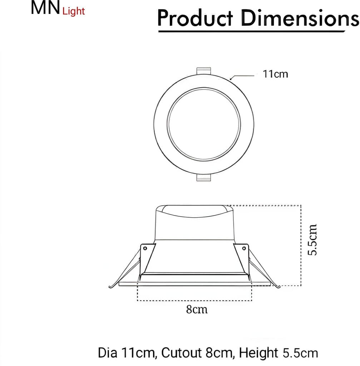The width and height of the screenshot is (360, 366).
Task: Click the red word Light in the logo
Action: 74,11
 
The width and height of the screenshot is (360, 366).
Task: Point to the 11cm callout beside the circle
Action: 275,75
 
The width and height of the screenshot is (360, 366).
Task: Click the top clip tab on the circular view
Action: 204,70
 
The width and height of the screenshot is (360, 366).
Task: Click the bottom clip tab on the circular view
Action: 204,177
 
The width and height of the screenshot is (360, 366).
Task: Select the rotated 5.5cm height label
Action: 313,239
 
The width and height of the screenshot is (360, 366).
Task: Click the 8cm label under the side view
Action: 197,309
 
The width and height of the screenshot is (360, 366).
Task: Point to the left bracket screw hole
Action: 145,248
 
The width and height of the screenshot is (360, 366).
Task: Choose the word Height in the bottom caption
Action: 258,353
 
